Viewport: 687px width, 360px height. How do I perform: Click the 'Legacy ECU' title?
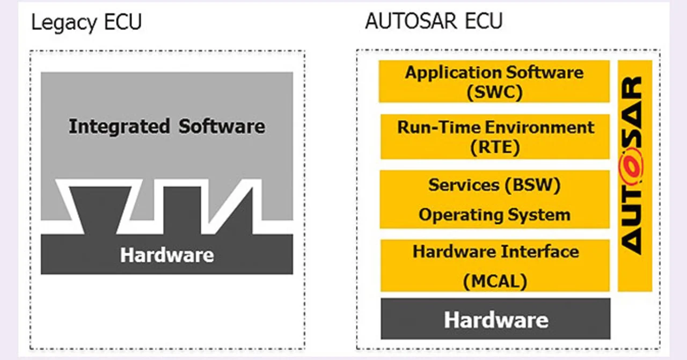[86, 23]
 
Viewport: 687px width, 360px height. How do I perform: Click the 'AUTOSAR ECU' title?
[434, 21]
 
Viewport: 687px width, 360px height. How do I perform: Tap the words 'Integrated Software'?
[167, 127]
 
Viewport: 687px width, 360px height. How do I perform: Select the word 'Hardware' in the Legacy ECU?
[167, 255]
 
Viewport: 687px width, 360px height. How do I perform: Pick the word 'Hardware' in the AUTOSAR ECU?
[496, 320]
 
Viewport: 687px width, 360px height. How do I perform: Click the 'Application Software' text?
[494, 72]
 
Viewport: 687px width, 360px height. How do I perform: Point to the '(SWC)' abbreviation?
[494, 92]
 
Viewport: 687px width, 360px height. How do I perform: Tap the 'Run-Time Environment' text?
[495, 128]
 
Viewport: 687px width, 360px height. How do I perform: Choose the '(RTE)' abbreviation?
[495, 148]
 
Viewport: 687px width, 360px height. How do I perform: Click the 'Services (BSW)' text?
[494, 185]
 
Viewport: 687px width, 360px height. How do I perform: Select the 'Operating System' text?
[494, 215]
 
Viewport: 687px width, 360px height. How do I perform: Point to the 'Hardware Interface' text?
[495, 252]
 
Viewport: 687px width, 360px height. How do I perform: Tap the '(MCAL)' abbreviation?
[495, 281]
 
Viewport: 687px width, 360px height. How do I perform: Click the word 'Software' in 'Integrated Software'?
[222, 127]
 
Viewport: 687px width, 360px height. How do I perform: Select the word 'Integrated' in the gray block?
[119, 127]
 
